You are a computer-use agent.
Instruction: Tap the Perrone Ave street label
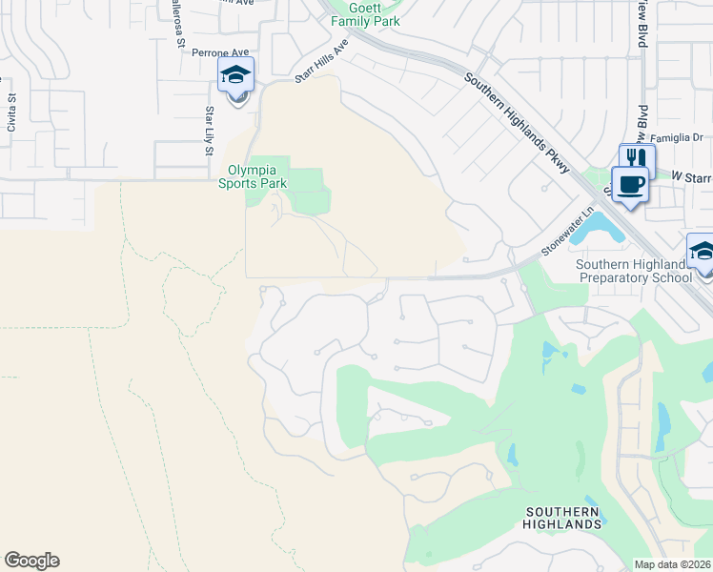tap(219, 53)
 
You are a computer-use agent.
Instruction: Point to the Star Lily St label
tap(208, 130)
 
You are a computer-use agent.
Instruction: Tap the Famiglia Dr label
tap(678, 137)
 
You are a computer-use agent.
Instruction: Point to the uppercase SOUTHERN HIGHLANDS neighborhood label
tap(563, 518)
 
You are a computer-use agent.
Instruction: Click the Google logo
tap(31, 561)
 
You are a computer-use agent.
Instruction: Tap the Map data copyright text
tap(673, 564)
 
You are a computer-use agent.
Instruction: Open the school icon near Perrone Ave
tap(235, 74)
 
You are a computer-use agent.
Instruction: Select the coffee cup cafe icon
tap(630, 182)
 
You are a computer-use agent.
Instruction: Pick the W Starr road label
tap(691, 176)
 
